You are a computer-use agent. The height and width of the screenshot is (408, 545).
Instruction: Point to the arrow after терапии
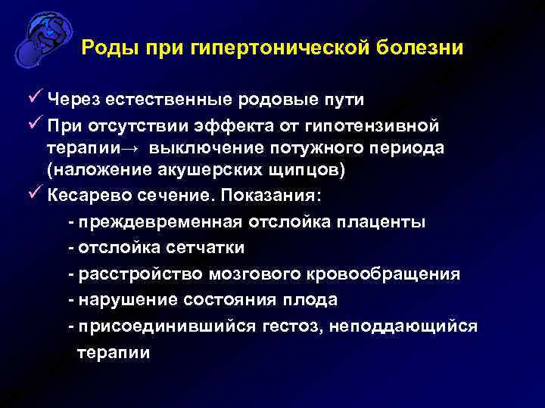point(137,147)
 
